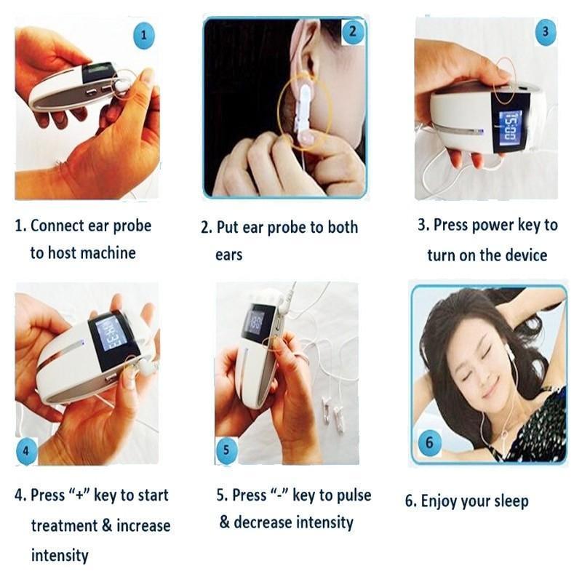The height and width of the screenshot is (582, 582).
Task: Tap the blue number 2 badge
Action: click(353, 32)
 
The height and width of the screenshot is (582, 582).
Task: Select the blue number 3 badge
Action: click(545, 31)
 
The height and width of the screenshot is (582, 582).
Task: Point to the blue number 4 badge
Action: click(26, 451)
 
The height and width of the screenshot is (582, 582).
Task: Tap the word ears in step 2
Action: click(228, 255)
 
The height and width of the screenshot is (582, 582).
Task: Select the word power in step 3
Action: click(492, 226)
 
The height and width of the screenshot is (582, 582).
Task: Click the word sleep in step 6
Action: click(510, 501)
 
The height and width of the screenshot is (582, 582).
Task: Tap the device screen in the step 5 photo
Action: click(254, 320)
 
